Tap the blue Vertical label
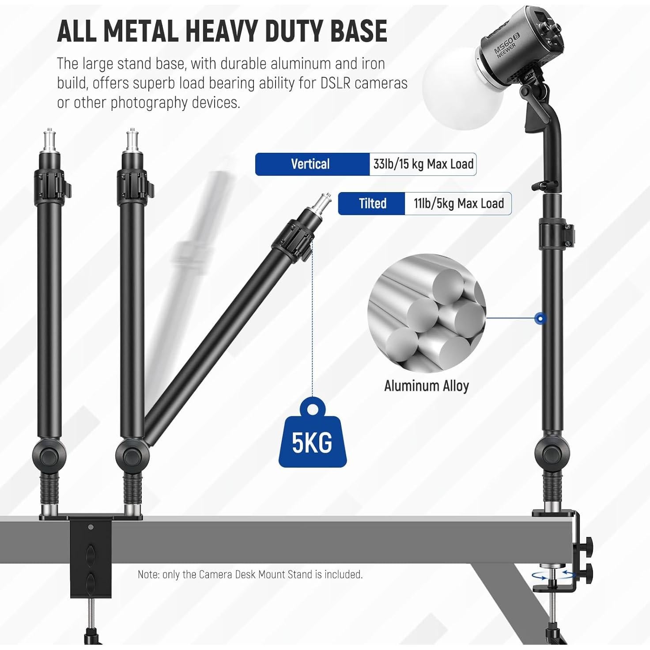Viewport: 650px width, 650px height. tap(310, 164)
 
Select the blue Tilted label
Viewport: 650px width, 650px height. tap(372, 204)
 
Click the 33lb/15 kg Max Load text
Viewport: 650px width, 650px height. tap(423, 164)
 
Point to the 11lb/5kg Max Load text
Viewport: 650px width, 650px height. tap(459, 204)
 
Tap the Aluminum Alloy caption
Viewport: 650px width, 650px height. tap(427, 386)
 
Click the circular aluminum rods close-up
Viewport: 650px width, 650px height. tap(427, 314)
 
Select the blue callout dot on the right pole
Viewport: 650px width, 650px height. tap(540, 318)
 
